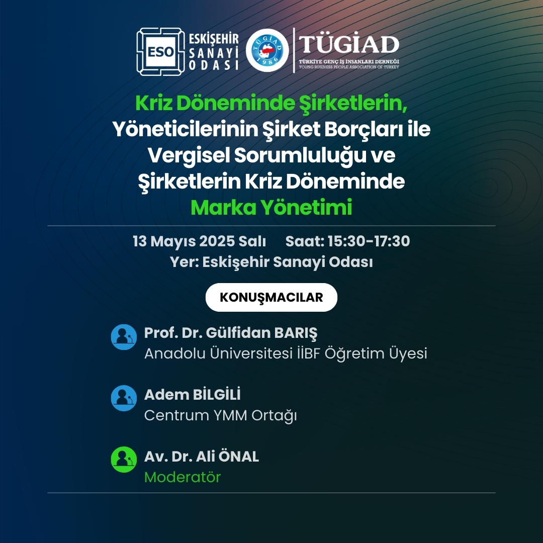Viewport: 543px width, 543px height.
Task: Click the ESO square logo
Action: pos(160,52)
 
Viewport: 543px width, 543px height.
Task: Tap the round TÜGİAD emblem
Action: pos(267,50)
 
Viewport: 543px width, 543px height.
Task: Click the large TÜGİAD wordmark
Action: pos(349,44)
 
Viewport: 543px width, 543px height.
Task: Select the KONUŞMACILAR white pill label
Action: pos(271,297)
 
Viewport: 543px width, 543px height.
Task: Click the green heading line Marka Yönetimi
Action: pos(271,208)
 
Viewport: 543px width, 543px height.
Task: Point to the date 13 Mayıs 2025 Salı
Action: pos(199,241)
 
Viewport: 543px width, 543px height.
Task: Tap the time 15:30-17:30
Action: pos(369,241)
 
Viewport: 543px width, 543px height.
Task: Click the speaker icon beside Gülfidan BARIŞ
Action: pos(124,337)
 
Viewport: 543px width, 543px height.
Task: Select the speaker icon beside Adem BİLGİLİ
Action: pos(124,398)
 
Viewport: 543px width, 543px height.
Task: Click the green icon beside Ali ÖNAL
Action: pos(124,460)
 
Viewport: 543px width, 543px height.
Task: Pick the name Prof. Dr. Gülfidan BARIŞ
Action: pos(231,333)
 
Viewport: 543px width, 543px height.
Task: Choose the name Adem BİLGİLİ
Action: pos(192,395)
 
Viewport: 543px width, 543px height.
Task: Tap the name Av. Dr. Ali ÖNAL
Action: pos(202,456)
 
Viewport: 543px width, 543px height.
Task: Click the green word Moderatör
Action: pos(183,477)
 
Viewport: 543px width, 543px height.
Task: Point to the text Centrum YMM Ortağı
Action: pos(220,416)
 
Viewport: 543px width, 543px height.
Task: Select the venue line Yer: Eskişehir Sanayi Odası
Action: pos(271,262)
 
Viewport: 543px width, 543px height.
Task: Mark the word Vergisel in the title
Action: pos(189,156)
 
